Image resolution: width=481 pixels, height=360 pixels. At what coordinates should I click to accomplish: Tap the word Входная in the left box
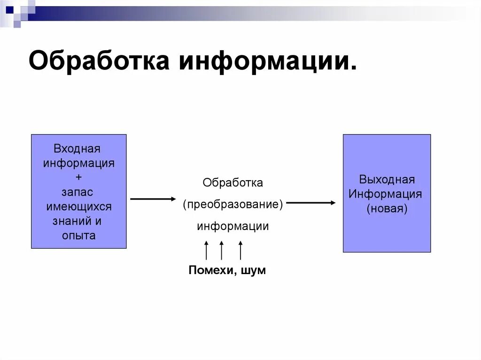coord(77,149)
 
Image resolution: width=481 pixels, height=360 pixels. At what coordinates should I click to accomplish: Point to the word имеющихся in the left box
coord(79,207)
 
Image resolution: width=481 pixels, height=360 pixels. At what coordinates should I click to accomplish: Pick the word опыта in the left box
coord(78,236)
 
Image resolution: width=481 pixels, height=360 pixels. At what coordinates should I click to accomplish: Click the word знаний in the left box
coord(69,221)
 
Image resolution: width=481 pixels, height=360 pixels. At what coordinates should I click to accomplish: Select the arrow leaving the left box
coord(153,199)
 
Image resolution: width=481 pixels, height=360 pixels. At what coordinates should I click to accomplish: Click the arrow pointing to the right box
coord(311,203)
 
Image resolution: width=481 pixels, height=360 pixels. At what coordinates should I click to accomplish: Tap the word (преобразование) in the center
coord(233,205)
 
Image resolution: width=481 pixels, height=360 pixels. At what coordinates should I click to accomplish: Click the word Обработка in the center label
coord(233,183)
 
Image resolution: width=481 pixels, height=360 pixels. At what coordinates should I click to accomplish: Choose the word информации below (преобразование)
coord(233,226)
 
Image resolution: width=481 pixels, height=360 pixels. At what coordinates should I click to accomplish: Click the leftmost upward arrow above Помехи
coord(206,250)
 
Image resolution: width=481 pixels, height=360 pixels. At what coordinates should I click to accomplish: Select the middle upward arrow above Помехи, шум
coord(221,250)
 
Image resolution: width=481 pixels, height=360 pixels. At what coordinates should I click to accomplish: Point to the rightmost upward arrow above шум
coord(240,250)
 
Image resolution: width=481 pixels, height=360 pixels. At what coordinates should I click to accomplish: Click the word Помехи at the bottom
coord(211,270)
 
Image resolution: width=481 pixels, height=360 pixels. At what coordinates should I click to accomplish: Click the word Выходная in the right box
coord(387,180)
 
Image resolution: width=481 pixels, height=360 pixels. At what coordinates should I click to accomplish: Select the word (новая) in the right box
coord(387,208)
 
